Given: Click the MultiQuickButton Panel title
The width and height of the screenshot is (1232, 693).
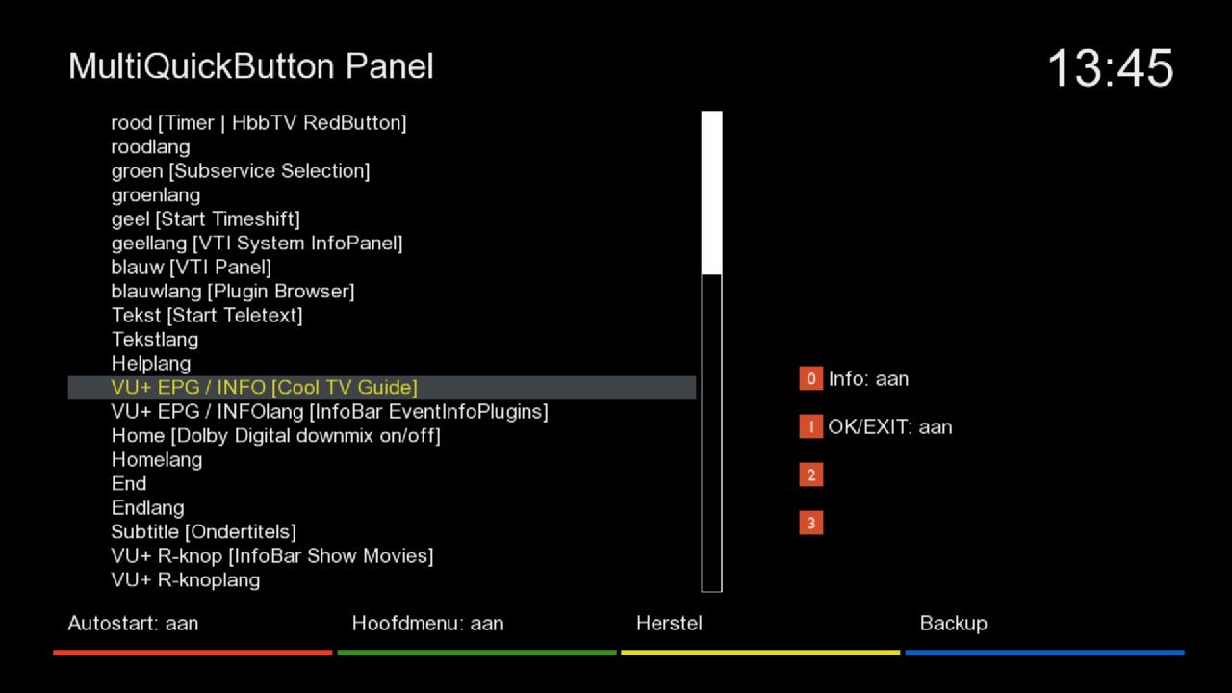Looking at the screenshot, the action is click(251, 67).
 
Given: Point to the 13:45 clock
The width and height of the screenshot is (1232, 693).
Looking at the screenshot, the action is click(1111, 68).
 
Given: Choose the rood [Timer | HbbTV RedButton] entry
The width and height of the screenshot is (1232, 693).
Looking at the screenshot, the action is click(259, 122).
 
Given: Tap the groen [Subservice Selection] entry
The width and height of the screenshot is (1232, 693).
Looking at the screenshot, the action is click(241, 171).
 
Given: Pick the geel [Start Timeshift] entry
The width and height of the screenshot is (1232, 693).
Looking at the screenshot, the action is click(206, 219).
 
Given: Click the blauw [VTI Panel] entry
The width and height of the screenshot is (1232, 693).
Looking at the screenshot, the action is click(191, 268).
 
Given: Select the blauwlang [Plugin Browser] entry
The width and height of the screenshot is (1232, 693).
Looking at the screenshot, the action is click(233, 292).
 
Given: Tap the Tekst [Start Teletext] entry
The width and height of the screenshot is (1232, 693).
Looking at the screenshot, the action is click(207, 316).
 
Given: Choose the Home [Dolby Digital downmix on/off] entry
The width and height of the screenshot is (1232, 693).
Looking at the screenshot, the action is click(275, 436).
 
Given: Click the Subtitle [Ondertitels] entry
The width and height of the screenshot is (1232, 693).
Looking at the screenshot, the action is click(203, 532).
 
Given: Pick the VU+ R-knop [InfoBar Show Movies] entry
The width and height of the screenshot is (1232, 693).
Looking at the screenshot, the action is click(272, 556).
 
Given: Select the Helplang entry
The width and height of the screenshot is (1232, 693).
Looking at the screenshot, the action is click(151, 364).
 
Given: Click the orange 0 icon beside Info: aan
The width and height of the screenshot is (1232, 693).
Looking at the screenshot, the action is click(811, 378).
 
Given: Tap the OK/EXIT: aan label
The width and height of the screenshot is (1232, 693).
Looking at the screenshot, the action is click(890, 427).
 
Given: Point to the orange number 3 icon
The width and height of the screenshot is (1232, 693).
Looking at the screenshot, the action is click(811, 523).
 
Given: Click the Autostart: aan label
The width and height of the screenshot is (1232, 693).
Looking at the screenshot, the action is click(133, 624).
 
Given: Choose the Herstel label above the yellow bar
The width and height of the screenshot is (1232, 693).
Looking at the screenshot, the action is click(669, 624).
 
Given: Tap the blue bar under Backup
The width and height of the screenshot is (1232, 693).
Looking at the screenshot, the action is click(1044, 653).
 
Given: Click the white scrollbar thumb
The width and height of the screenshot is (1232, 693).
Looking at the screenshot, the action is click(711, 192).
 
